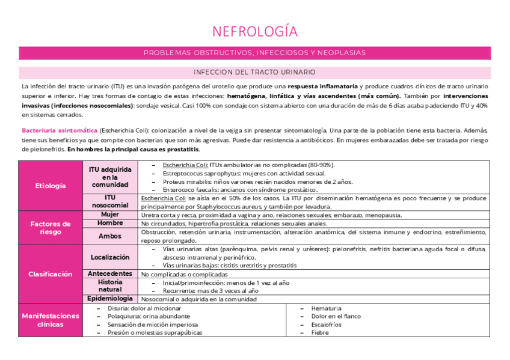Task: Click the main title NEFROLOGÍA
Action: [254, 31]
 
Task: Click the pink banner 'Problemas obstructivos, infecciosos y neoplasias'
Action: [254, 53]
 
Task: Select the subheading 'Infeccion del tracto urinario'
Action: [254, 72]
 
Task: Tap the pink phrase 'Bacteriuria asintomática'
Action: [59, 130]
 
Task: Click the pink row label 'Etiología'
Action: [50, 186]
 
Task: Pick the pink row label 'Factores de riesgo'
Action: [50, 227]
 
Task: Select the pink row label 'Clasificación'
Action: [50, 274]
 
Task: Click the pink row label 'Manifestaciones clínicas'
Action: [50, 320]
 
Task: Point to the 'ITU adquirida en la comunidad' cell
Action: [109, 177]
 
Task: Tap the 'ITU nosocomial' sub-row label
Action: [109, 201]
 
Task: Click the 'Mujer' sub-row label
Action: [109, 215]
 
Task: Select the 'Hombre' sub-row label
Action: [109, 223]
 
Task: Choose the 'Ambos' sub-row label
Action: [109, 236]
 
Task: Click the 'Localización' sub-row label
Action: [109, 257]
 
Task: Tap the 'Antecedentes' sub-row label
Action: [109, 273]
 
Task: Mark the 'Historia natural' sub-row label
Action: [109, 286]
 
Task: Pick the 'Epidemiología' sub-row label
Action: [109, 298]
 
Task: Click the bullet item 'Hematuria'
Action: [326, 308]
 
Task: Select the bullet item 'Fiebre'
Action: [320, 332]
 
